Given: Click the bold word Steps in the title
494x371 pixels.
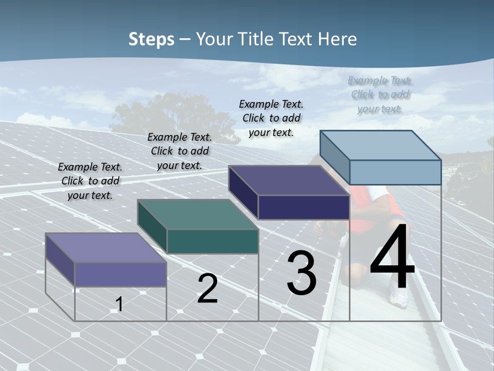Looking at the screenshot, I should (151, 39).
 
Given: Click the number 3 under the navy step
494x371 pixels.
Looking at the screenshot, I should (302, 273).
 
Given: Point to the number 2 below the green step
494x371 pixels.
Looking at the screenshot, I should (207, 289).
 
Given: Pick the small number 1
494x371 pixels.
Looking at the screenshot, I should (119, 305).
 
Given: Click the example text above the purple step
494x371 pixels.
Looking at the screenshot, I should (90, 181).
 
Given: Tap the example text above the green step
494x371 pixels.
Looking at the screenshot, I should (180, 151).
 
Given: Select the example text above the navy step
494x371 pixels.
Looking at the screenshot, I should (271, 118).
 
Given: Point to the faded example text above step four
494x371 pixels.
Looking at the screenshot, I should (380, 94).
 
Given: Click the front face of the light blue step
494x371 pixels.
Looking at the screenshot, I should (395, 172).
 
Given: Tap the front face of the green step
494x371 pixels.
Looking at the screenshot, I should (213, 241).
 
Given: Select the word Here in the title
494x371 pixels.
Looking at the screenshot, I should (338, 39).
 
